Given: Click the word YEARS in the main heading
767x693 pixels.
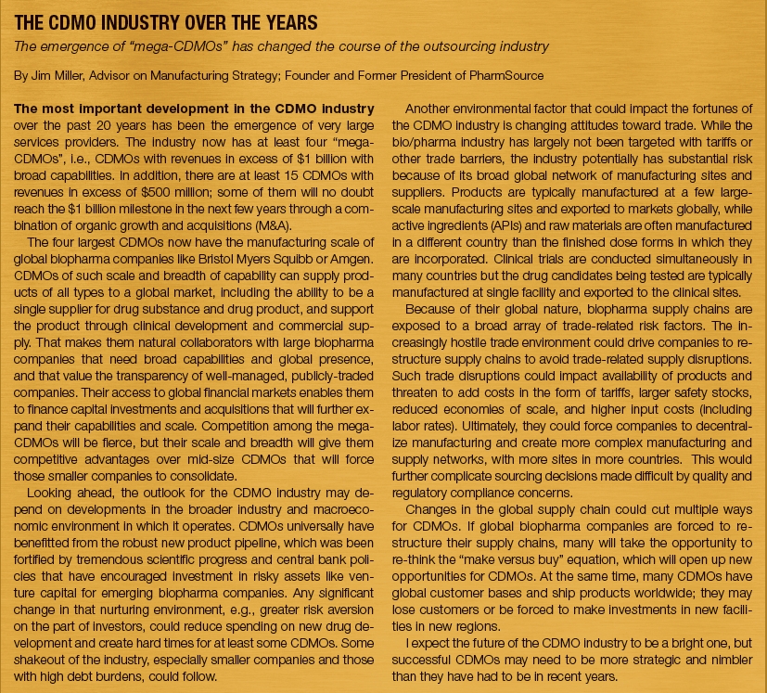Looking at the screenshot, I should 283,21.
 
